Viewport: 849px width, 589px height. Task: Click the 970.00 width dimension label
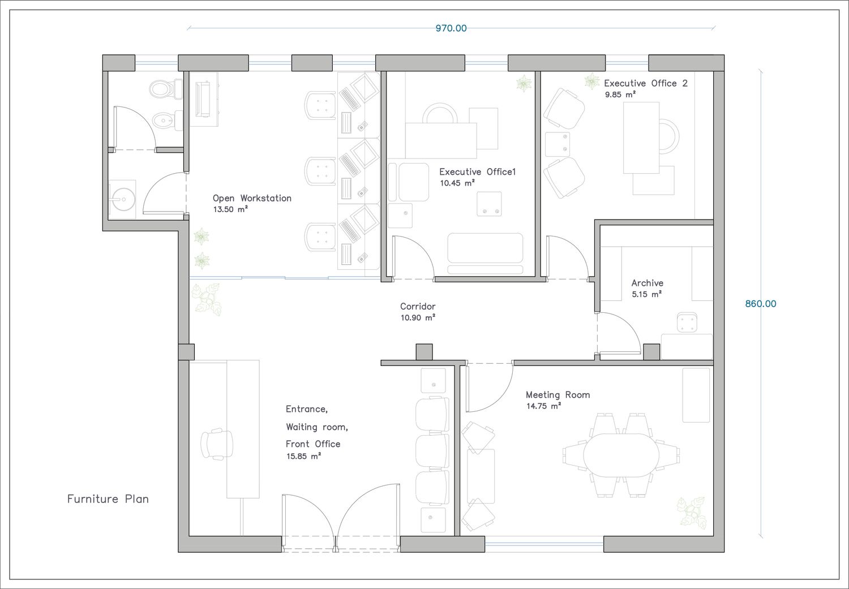451,28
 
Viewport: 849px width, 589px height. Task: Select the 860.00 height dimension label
760,303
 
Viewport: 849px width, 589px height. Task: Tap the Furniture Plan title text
108,499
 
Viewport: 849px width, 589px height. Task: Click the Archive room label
648,283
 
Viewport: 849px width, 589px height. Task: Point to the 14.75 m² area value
543,406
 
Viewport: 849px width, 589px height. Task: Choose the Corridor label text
418,306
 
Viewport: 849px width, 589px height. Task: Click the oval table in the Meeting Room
621,455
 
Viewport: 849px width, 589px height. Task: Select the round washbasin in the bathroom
123,199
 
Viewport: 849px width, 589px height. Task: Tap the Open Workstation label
252,198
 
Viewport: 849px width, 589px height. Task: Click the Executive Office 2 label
646,83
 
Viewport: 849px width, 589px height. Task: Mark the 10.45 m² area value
457,183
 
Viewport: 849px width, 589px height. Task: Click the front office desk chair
217,444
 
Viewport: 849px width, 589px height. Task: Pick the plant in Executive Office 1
524,83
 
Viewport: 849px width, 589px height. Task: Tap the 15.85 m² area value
303,457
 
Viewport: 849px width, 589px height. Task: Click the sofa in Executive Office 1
485,253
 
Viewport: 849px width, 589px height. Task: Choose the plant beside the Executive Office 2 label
591,81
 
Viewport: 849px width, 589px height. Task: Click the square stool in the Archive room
687,323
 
